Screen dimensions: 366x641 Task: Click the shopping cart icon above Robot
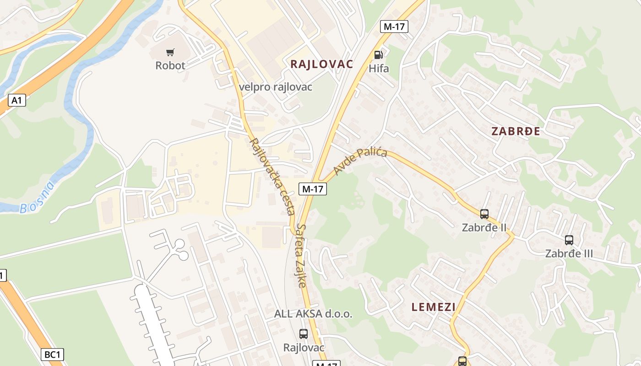pos(170,52)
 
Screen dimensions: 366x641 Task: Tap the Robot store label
pos(170,65)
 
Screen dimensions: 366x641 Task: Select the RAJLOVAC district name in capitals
pos(322,64)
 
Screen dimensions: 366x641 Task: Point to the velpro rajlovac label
pos(276,86)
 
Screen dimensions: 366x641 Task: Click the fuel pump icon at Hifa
pos(379,55)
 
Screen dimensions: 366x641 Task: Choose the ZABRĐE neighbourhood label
pos(516,131)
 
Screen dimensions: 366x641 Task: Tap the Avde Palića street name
pos(360,161)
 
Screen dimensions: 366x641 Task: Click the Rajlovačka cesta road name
pos(272,176)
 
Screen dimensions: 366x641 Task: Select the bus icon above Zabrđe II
pos(484,214)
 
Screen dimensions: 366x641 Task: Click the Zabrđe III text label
pos(569,253)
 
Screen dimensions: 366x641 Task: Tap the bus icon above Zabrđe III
pos(569,240)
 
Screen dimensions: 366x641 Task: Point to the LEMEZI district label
pos(433,307)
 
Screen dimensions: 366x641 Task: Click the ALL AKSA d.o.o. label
pos(313,314)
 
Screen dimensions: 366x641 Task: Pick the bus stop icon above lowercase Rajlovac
pos(303,334)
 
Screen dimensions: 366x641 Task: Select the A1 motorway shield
pos(16,100)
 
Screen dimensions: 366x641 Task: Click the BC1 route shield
pos(53,355)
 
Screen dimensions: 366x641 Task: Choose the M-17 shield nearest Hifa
pos(394,27)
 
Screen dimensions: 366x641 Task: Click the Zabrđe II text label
pos(484,227)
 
